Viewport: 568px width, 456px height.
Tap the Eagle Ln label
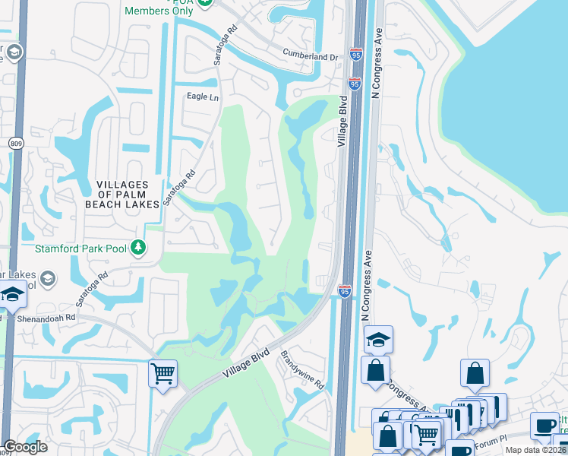[x=203, y=97]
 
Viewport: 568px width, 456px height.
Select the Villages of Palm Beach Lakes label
[x=128, y=194]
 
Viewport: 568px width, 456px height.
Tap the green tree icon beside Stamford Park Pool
[x=137, y=247]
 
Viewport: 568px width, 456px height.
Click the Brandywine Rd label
[x=303, y=369]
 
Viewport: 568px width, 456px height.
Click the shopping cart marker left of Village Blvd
[x=163, y=374]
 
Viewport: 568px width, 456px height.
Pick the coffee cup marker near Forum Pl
[x=544, y=426]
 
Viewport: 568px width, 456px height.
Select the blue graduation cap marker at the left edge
[x=13, y=295]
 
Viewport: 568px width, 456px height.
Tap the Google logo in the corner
[x=26, y=447]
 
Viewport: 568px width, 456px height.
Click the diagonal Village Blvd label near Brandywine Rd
[x=247, y=363]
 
